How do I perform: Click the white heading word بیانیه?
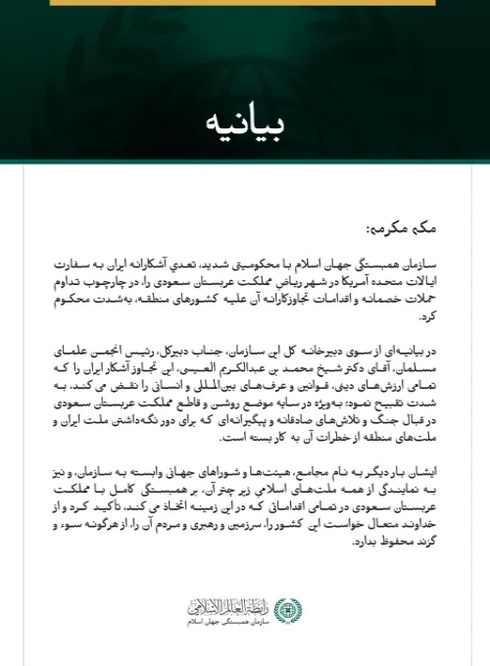tap(244, 124)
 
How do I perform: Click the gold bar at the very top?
tap(244, 3)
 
